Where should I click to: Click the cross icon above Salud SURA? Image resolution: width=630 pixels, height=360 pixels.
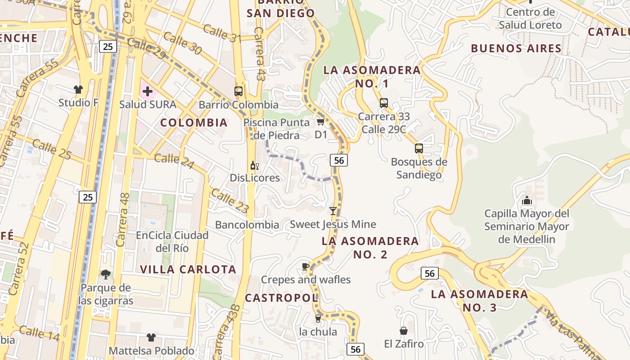click(x=147, y=92)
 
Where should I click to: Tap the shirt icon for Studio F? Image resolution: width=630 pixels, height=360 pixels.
click(x=79, y=90)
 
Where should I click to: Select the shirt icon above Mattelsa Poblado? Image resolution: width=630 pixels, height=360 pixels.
click(x=151, y=337)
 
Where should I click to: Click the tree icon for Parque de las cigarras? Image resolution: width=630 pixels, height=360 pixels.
click(x=105, y=274)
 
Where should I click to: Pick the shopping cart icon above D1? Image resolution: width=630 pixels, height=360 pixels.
click(x=320, y=121)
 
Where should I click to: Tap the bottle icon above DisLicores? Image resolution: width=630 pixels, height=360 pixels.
click(x=254, y=166)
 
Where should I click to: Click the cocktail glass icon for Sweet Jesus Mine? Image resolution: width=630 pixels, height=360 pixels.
click(x=333, y=211)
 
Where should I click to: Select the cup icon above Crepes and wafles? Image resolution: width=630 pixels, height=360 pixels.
click(x=306, y=266)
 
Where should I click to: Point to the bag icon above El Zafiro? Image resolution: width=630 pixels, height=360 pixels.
click(x=404, y=331)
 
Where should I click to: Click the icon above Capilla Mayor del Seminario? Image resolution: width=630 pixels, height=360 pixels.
click(x=526, y=200)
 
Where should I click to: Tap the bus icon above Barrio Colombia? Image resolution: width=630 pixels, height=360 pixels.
click(x=238, y=91)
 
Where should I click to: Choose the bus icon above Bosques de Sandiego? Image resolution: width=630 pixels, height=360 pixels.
click(x=419, y=148)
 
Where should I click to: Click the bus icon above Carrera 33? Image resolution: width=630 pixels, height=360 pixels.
click(x=384, y=103)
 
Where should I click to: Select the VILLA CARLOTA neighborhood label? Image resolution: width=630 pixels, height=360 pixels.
click(x=188, y=270)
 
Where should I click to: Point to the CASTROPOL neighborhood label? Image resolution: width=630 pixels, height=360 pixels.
click(x=281, y=298)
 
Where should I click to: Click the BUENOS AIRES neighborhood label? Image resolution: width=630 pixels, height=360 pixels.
click(x=516, y=48)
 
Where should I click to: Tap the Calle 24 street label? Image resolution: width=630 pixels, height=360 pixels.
click(x=174, y=162)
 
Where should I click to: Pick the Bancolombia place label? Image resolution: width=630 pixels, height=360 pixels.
click(x=247, y=225)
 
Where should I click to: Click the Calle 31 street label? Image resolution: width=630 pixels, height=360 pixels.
click(x=222, y=33)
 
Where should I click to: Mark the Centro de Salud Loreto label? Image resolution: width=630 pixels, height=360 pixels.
click(x=530, y=18)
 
